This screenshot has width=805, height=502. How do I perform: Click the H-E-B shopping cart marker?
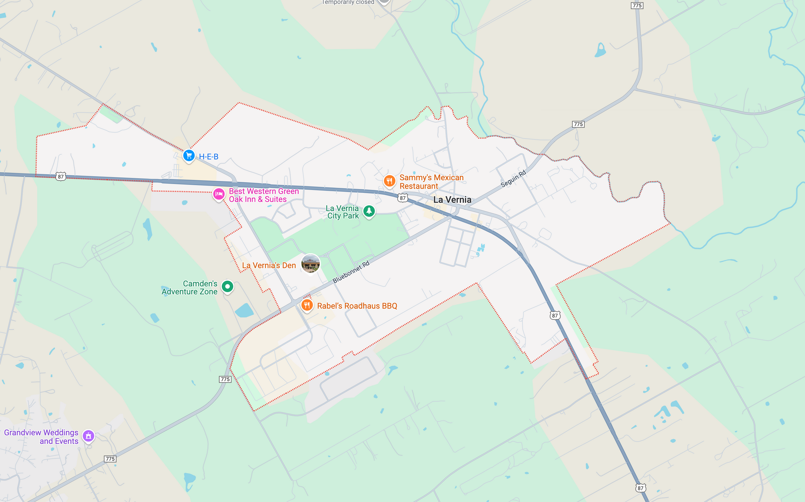point(189,155)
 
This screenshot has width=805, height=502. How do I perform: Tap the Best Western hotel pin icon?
point(218,194)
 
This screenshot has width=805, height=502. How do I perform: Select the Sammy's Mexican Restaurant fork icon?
point(390,181)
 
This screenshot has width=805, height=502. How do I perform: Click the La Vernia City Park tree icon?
point(369,211)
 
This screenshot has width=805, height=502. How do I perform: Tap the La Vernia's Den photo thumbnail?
point(311,263)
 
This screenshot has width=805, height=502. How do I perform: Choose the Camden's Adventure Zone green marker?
point(227,286)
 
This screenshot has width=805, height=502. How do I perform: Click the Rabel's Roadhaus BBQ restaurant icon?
point(307,305)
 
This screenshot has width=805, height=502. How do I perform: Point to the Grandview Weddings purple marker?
point(88,436)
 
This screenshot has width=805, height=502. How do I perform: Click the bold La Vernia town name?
point(452,199)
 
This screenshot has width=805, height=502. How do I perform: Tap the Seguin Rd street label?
point(513,179)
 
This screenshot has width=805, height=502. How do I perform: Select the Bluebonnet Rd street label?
point(351,272)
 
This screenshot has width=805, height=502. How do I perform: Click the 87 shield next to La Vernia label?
point(402,198)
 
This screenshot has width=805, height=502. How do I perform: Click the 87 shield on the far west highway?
point(61,176)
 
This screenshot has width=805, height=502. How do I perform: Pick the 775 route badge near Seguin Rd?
point(578,124)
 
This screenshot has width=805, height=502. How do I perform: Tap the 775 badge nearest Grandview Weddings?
point(110,459)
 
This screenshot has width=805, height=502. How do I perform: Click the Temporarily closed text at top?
point(348,3)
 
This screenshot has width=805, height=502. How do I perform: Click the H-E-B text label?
point(208,157)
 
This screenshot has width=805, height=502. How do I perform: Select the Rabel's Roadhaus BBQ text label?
point(357,306)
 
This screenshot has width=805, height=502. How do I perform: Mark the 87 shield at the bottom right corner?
point(640,488)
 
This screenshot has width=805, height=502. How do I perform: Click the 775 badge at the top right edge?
point(637,5)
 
